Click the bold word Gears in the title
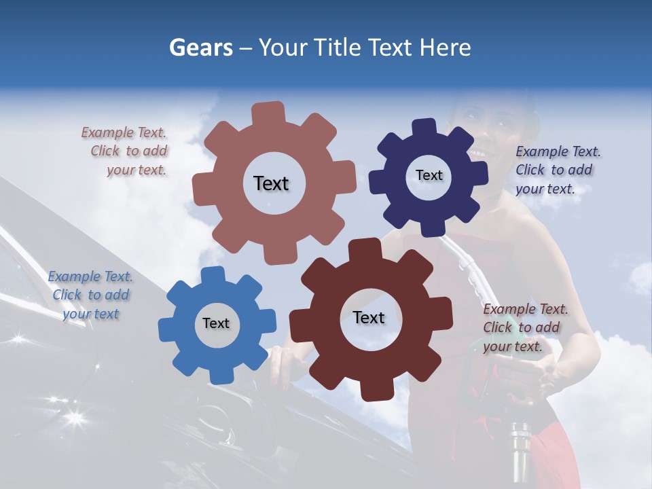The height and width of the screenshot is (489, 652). click(201, 48)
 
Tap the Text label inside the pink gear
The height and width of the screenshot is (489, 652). click(271, 183)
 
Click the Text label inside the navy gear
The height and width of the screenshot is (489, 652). click(429, 175)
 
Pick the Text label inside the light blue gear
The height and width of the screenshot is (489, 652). click(216, 323)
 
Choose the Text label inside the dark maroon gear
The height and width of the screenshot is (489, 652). click(369, 317)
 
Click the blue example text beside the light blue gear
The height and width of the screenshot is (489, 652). click(90, 295)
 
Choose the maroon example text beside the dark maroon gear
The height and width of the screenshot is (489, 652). click(524, 327)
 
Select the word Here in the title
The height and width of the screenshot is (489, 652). click(446, 48)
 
